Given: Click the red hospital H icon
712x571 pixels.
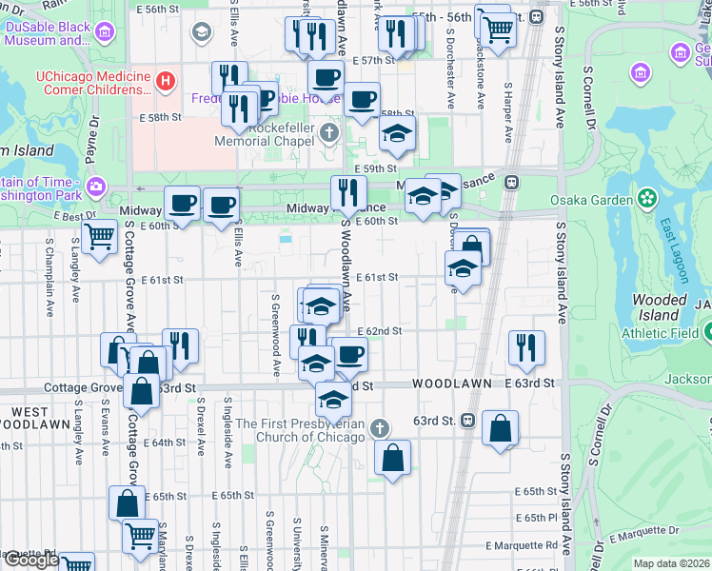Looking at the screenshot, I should [166, 81].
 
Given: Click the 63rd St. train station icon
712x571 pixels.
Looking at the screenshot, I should [468, 421].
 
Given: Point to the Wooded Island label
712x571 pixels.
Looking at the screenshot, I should [660, 307].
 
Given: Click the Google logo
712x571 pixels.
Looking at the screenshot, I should [30, 560].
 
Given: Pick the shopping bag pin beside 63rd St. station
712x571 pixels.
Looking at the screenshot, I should [501, 429].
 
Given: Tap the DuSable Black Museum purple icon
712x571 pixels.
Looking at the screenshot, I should [104, 33].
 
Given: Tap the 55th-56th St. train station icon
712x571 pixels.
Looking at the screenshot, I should [537, 17].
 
